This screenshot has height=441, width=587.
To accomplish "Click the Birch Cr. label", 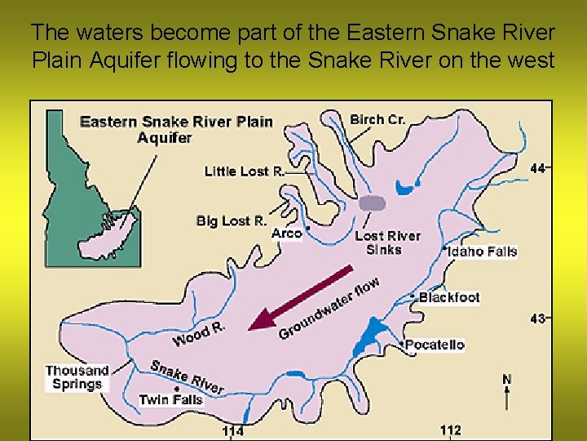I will (377, 119).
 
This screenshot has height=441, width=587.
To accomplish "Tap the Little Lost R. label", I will (244, 171).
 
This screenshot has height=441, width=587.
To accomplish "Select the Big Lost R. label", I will (232, 220).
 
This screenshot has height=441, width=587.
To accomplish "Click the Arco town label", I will (287, 234).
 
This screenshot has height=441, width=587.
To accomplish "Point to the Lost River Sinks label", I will (387, 243).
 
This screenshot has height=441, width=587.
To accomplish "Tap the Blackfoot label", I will (449, 298).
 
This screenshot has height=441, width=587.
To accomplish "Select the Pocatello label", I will (435, 345).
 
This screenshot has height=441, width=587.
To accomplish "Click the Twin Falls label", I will (170, 400).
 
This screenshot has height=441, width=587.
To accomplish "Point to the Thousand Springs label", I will (77, 377).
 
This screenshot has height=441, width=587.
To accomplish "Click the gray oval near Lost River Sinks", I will (373, 203).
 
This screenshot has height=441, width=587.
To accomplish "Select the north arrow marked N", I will (507, 392).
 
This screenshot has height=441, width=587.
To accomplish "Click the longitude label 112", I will (450, 430).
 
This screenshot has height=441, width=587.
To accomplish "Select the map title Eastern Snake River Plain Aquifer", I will (176, 129).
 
